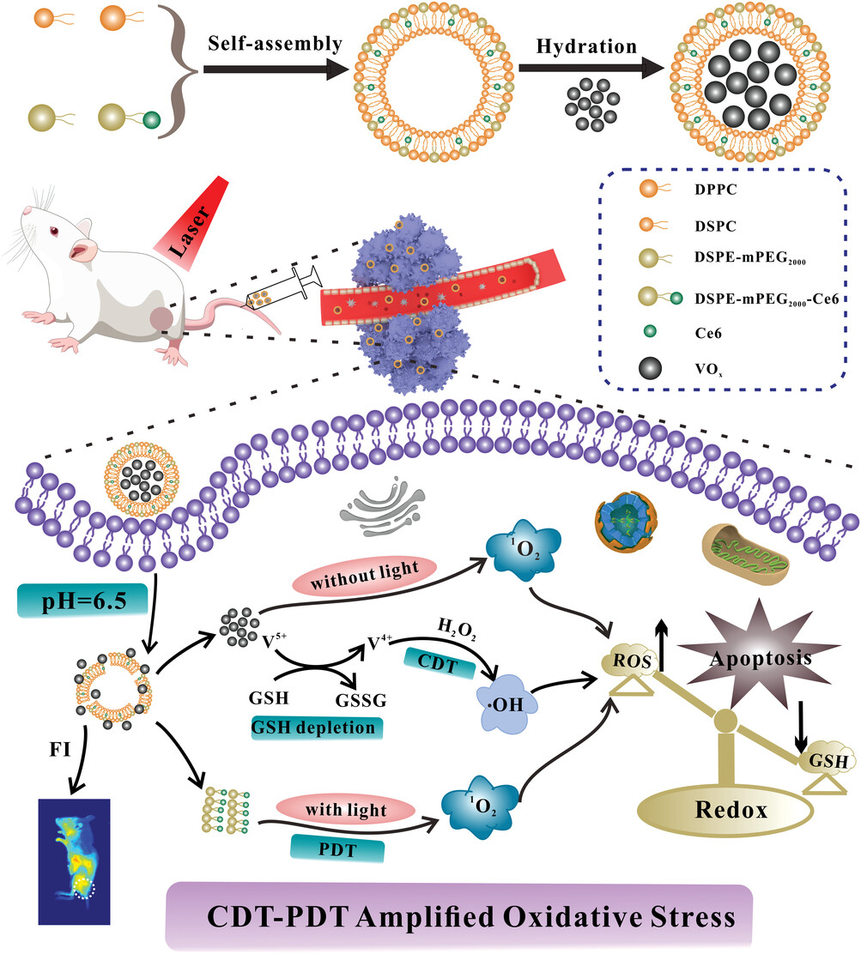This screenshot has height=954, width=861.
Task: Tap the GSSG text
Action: click(361, 700)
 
